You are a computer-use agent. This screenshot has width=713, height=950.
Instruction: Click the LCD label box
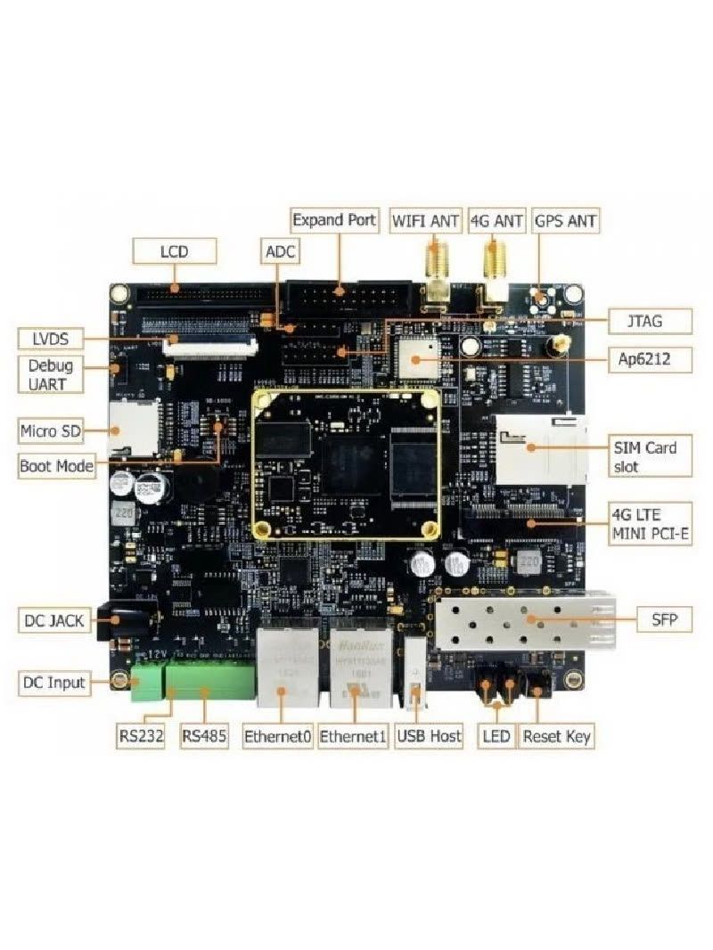[175, 250]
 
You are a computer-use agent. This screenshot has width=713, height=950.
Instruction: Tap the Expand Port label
[334, 220]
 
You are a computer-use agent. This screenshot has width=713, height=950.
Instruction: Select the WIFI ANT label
[425, 221]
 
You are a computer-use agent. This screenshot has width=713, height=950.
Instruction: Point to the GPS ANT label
[565, 221]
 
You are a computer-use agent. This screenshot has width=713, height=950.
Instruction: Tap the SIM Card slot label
[649, 456]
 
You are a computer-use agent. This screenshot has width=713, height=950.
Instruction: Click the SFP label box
[664, 619]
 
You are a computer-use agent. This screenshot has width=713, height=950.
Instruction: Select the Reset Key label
[556, 736]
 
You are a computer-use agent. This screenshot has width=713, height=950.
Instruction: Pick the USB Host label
[429, 736]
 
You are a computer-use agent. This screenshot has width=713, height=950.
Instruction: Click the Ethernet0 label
[277, 736]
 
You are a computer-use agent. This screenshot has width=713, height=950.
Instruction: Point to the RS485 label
[204, 736]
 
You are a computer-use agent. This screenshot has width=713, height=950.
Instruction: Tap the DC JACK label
[53, 620]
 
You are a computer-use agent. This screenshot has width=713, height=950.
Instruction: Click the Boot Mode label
[57, 466]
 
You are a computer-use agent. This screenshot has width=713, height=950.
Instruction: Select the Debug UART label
[50, 374]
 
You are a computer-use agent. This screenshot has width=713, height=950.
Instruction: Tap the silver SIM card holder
[541, 448]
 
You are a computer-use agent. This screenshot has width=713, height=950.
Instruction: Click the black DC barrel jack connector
[124, 619]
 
